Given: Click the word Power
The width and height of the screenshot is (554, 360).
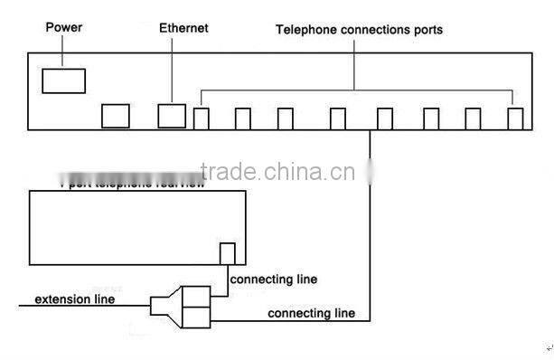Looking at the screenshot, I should [64, 28].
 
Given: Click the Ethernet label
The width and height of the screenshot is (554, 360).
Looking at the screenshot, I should [183, 28].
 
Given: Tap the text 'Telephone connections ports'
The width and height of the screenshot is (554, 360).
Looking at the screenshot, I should [359, 30].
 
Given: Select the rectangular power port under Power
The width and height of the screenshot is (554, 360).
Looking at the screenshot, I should [63, 81].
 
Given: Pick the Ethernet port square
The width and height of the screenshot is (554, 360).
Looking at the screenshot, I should [172, 116].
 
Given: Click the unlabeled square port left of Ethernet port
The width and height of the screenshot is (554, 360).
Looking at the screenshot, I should [115, 116].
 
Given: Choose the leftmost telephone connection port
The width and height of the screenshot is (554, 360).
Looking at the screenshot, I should [202, 118].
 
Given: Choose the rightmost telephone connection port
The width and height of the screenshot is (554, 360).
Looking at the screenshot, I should [515, 118].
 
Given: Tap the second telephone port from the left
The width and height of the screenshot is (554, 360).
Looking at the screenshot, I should [243, 118].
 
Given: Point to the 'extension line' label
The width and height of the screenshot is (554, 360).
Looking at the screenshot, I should [74, 299].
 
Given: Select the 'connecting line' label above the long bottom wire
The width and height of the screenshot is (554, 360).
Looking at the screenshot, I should [311, 313].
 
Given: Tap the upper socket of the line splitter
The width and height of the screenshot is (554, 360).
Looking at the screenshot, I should [196, 296].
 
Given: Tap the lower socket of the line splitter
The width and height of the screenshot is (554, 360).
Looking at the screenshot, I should [196, 317].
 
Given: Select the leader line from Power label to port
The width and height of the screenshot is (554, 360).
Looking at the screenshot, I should [62, 52].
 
